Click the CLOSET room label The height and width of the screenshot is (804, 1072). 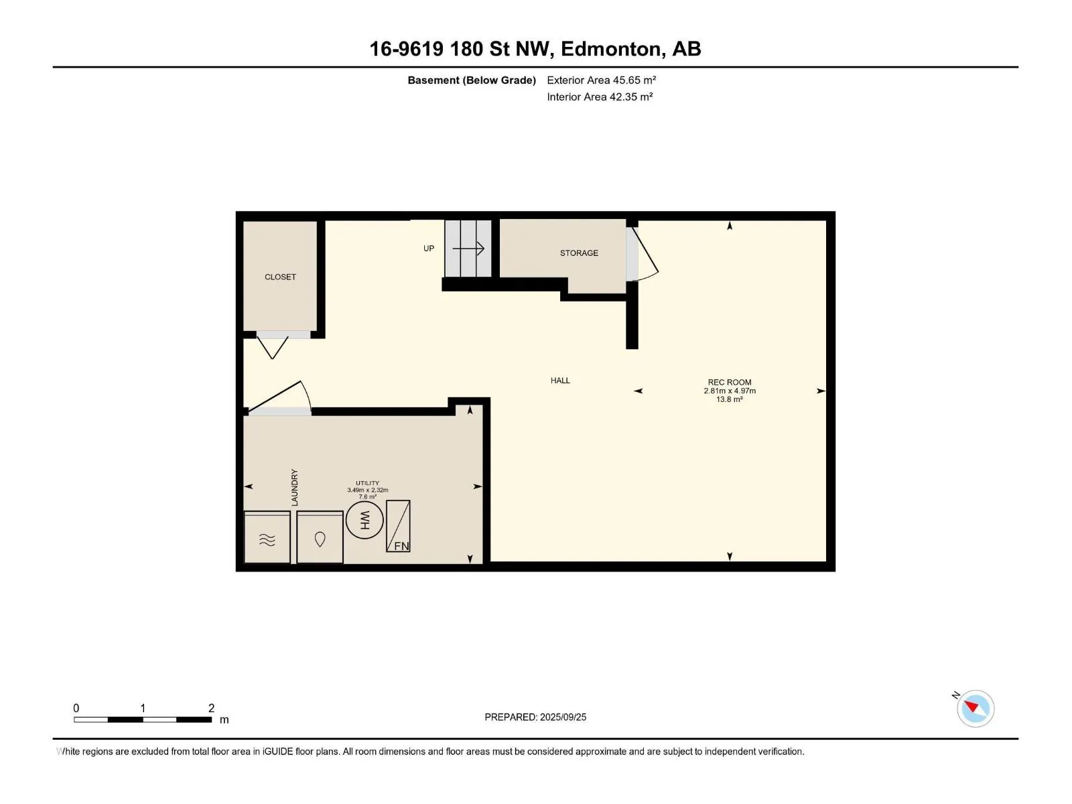[x=280, y=277]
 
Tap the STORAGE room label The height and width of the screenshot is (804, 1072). [x=579, y=253]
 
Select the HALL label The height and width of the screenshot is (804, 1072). [x=560, y=381]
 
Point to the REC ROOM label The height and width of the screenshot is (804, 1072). [x=730, y=382]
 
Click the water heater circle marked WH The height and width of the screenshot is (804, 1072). [x=364, y=521]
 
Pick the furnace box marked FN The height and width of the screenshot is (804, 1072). [x=398, y=526]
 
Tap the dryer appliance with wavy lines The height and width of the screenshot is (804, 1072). [x=267, y=537]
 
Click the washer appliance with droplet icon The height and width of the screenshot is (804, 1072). [x=320, y=537]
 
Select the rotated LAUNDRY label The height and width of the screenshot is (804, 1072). [x=295, y=487]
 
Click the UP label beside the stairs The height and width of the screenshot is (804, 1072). [x=429, y=249]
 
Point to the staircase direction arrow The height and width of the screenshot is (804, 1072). [x=468, y=249]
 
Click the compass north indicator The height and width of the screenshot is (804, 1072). [x=972, y=706]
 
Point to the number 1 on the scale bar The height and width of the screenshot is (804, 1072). [x=143, y=708]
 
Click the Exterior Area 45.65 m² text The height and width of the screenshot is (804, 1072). [x=601, y=80]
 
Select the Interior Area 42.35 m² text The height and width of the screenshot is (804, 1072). [x=600, y=96]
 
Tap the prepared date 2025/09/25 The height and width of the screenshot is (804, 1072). [x=563, y=717]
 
